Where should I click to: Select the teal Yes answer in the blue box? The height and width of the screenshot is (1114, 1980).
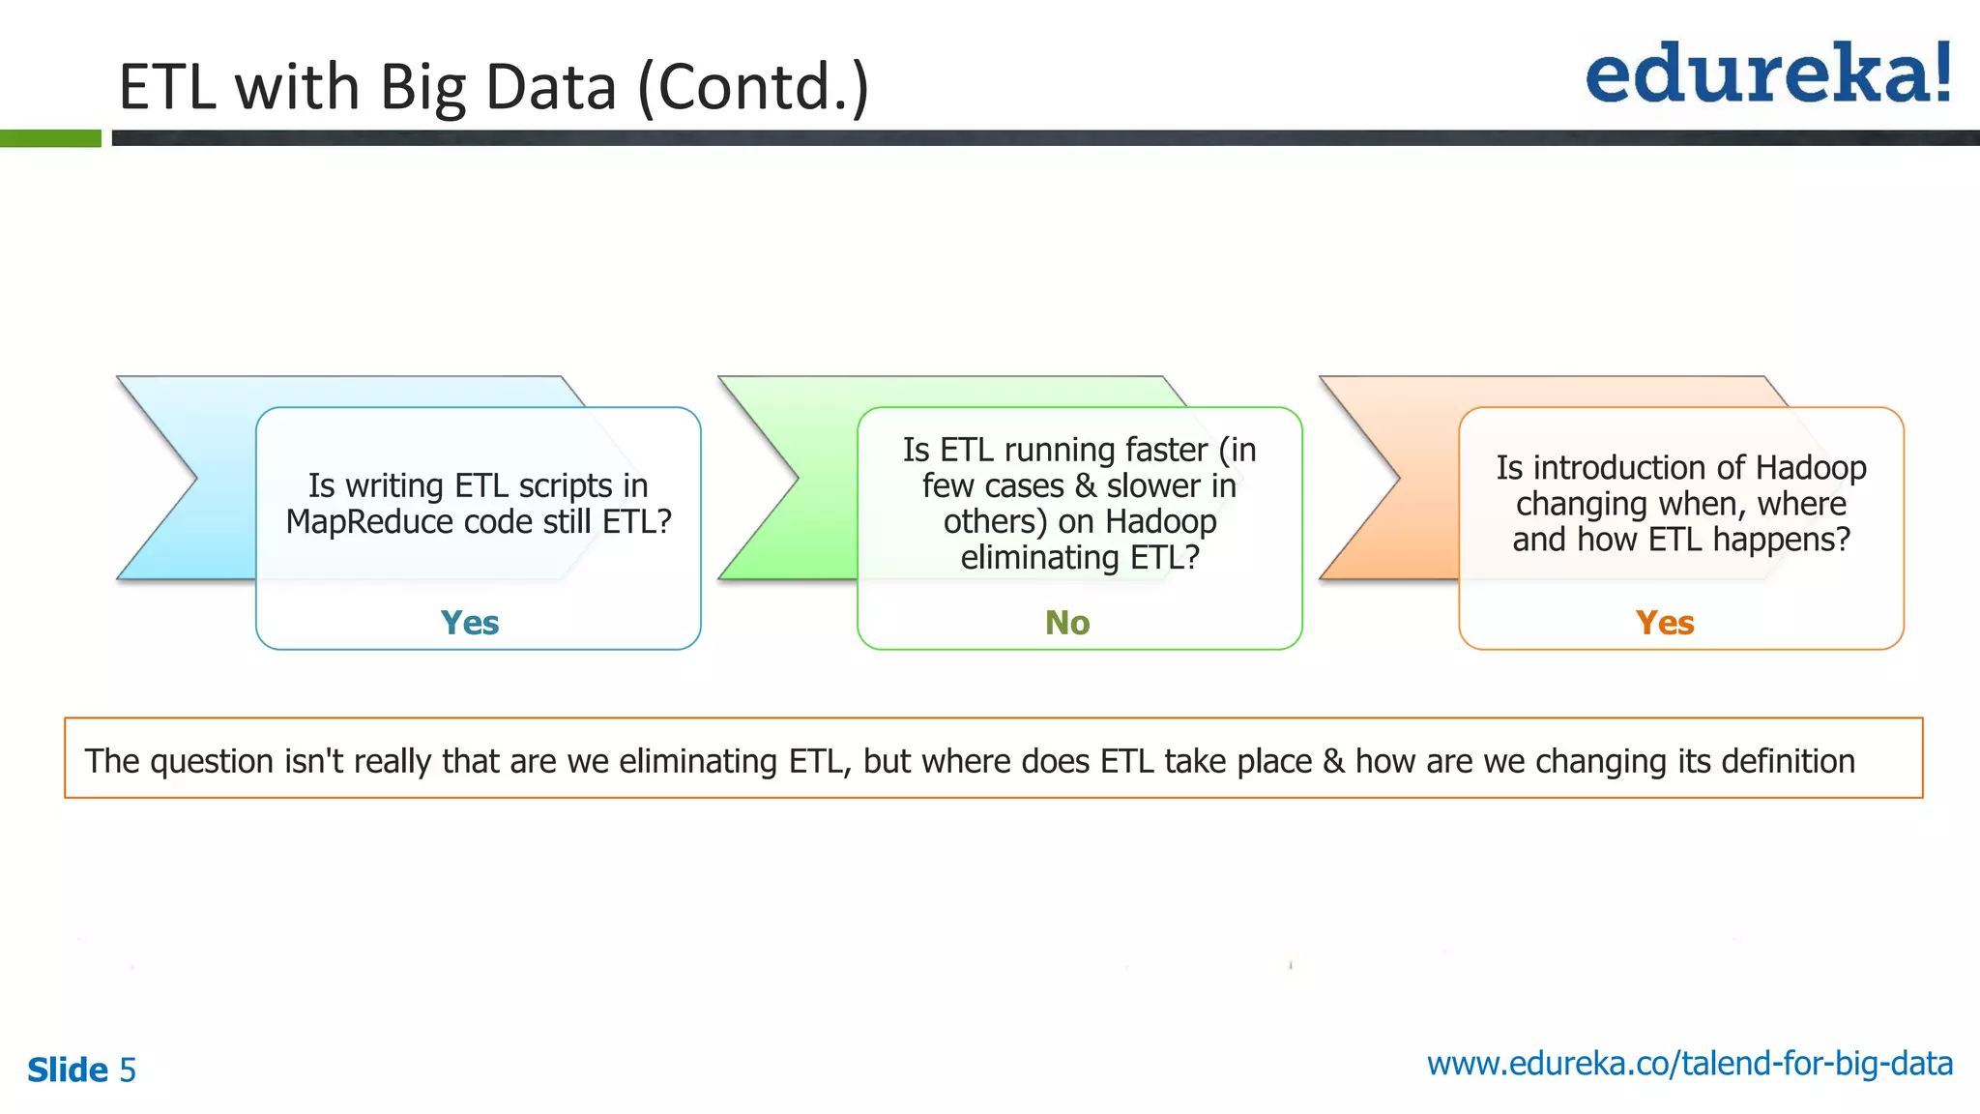pyautogui.click(x=470, y=623)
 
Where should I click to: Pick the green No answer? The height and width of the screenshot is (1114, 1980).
pyautogui.click(x=1067, y=623)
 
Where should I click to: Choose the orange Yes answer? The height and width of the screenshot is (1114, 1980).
pyautogui.click(x=1665, y=623)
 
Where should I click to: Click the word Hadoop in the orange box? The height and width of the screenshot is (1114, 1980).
pyautogui.click(x=1811, y=468)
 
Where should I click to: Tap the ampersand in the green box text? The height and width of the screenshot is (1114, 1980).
pyautogui.click(x=1086, y=485)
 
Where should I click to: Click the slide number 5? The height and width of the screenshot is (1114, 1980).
pyautogui.click(x=128, y=1070)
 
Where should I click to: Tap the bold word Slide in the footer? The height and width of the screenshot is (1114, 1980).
pyautogui.click(x=68, y=1070)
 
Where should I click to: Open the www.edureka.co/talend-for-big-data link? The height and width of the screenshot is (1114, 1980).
pyautogui.click(x=1689, y=1064)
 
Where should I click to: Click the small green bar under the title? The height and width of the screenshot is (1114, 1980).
pyautogui.click(x=50, y=138)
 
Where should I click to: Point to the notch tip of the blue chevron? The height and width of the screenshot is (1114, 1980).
pyautogui.click(x=196, y=478)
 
